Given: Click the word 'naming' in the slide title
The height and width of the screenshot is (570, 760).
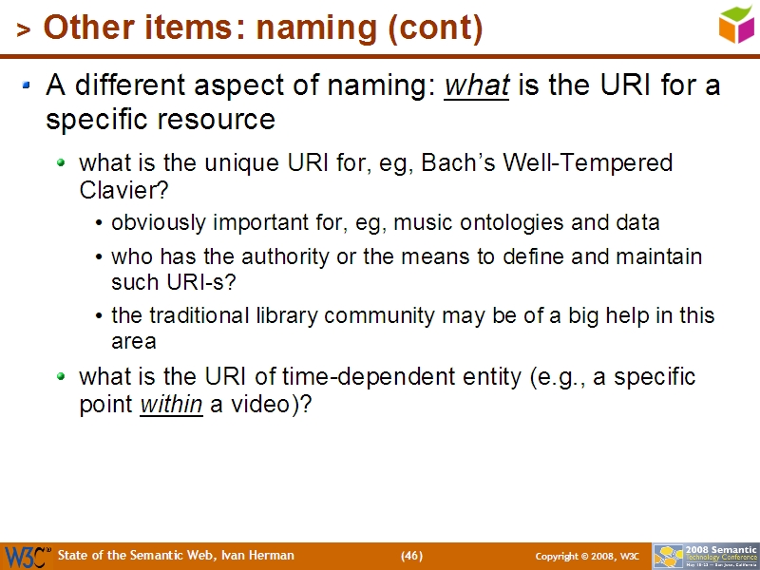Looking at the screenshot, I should click(x=313, y=28).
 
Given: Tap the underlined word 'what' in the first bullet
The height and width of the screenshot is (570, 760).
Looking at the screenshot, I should click(x=477, y=85).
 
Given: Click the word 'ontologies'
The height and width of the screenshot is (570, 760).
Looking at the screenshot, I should click(x=509, y=223).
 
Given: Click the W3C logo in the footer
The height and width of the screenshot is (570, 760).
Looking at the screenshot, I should click(x=27, y=556).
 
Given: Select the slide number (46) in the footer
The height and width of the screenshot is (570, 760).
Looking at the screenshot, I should click(x=411, y=556).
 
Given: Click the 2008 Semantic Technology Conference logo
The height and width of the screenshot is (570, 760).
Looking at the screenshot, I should click(x=705, y=556).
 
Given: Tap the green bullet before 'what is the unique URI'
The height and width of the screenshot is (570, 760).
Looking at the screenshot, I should click(x=62, y=162).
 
